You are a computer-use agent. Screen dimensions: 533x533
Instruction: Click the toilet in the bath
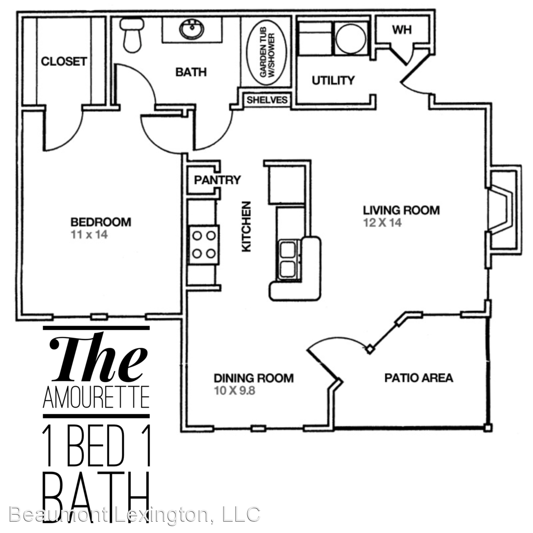tap(132, 35)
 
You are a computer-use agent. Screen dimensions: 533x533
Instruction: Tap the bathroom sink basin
tap(191, 30)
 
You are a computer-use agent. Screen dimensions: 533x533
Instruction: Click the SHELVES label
tap(267, 100)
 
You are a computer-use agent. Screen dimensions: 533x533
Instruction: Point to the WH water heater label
tap(402, 30)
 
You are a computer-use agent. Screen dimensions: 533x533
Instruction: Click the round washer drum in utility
tap(351, 38)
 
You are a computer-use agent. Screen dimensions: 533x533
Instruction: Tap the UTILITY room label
tap(333, 80)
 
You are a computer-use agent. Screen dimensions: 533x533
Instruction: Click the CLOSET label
tap(64, 61)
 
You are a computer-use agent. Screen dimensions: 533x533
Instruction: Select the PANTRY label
tap(217, 180)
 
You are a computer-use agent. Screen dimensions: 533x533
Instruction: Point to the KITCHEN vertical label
tap(246, 227)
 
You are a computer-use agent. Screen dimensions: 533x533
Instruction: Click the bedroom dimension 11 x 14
tap(89, 234)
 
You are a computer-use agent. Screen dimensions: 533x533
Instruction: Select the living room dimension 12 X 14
tap(382, 223)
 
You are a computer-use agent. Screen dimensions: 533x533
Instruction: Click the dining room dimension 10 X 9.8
tap(234, 390)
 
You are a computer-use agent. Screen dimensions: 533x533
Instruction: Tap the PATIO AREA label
tap(419, 378)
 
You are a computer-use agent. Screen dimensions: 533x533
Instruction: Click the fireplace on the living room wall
tap(504, 210)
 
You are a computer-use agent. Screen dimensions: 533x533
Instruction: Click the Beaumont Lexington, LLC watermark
tap(135, 515)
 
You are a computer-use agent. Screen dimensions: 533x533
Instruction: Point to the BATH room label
tap(191, 72)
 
